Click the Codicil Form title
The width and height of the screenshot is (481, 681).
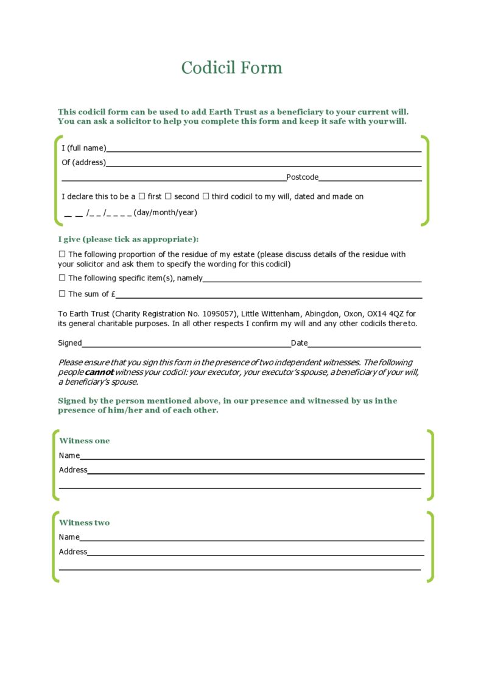231,68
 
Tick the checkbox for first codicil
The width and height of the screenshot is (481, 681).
142,196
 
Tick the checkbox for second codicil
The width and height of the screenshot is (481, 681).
169,196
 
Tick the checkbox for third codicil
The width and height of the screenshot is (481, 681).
206,196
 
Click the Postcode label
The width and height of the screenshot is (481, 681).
302,177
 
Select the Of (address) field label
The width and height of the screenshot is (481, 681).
83,162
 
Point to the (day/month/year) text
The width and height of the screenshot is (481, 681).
165,213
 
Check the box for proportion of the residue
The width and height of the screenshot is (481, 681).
61,254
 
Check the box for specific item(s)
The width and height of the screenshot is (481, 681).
61,277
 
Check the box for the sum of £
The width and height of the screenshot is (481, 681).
61,293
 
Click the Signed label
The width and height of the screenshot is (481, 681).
69,343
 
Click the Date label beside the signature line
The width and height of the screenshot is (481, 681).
299,343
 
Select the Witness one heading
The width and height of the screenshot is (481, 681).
84,441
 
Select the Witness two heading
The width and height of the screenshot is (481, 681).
84,522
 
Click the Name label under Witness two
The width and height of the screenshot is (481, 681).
69,537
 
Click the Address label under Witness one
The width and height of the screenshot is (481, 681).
73,470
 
